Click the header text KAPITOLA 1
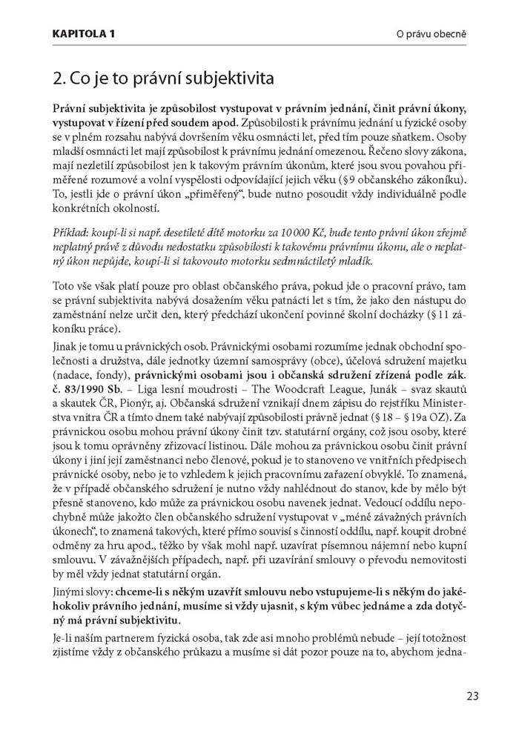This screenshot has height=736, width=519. click(84, 33)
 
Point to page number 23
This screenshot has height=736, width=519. click(472, 696)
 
